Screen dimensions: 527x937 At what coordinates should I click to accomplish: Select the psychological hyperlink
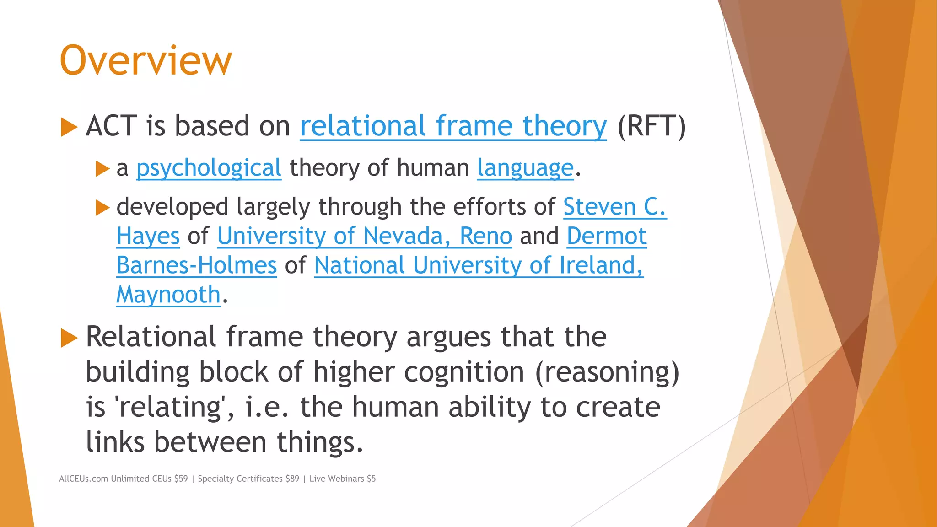tap(209, 168)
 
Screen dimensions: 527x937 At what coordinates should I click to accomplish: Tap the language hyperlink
tap(525, 168)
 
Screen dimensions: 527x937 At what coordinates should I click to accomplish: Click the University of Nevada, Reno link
tap(364, 236)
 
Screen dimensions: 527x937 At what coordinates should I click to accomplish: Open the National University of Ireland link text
tap(479, 265)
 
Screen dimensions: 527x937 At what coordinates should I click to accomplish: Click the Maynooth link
tap(168, 295)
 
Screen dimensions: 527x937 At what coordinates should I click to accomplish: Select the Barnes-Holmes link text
tap(197, 265)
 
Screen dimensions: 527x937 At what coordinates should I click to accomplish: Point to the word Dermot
tap(606, 236)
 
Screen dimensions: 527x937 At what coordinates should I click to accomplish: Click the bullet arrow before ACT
tap(69, 127)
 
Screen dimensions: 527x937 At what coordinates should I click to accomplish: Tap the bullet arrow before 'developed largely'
tap(102, 208)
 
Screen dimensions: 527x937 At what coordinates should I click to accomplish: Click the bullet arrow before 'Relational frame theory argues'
tap(69, 338)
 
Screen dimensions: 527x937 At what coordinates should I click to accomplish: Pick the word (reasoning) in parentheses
tap(607, 372)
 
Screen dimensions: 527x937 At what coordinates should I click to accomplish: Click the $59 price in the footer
tap(181, 479)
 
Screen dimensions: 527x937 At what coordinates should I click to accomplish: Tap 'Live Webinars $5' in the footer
tap(342, 479)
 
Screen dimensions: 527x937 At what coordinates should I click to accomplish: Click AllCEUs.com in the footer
tap(83, 479)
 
